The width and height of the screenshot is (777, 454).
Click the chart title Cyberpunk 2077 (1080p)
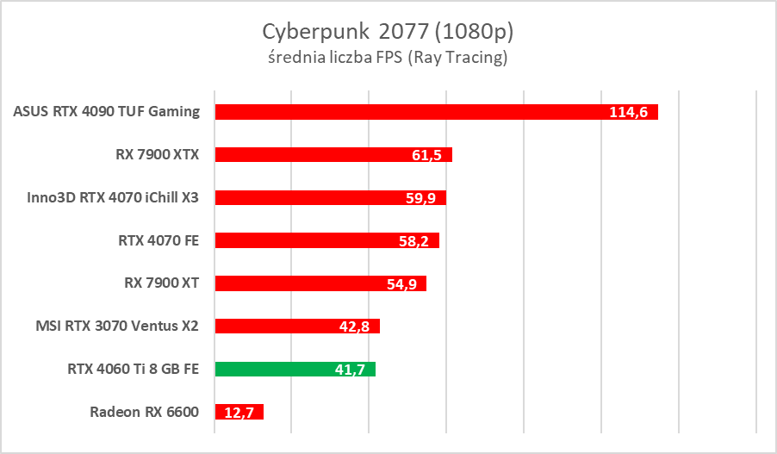tap(388, 32)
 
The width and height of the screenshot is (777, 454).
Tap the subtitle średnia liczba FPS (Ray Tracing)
tap(388, 59)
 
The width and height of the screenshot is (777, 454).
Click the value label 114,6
tap(630, 112)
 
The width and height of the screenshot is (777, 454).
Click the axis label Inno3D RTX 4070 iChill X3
tap(113, 197)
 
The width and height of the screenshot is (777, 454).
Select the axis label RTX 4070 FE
tap(158, 240)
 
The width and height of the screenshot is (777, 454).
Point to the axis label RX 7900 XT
tap(161, 283)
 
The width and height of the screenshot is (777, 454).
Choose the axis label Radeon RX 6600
tap(144, 412)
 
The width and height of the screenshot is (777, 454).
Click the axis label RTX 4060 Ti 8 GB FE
tap(133, 369)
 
